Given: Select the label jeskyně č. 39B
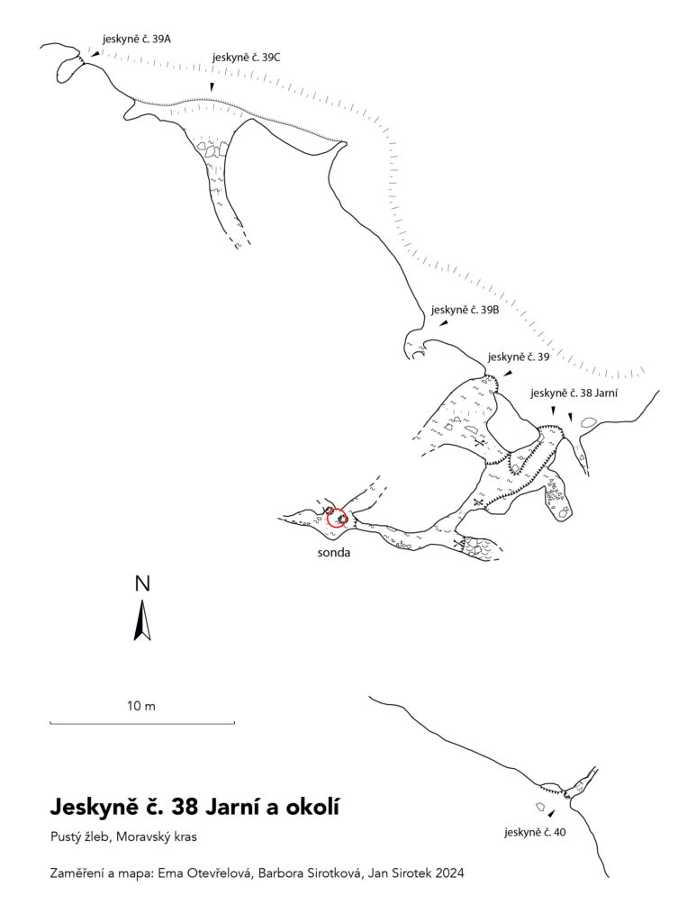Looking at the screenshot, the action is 465,310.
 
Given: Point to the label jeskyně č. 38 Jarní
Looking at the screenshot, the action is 574,393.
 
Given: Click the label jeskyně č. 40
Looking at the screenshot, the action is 535,832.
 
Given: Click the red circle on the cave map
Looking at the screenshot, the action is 337,518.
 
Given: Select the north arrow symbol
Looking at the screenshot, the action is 141,619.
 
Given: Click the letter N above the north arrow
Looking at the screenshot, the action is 142,583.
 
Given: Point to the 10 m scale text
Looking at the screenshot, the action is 141,706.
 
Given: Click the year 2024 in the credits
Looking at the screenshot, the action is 449,873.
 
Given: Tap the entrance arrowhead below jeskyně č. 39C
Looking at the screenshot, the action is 212,87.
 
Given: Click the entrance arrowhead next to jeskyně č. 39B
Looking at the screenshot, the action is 443,323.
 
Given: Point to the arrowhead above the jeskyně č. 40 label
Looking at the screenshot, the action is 551,813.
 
